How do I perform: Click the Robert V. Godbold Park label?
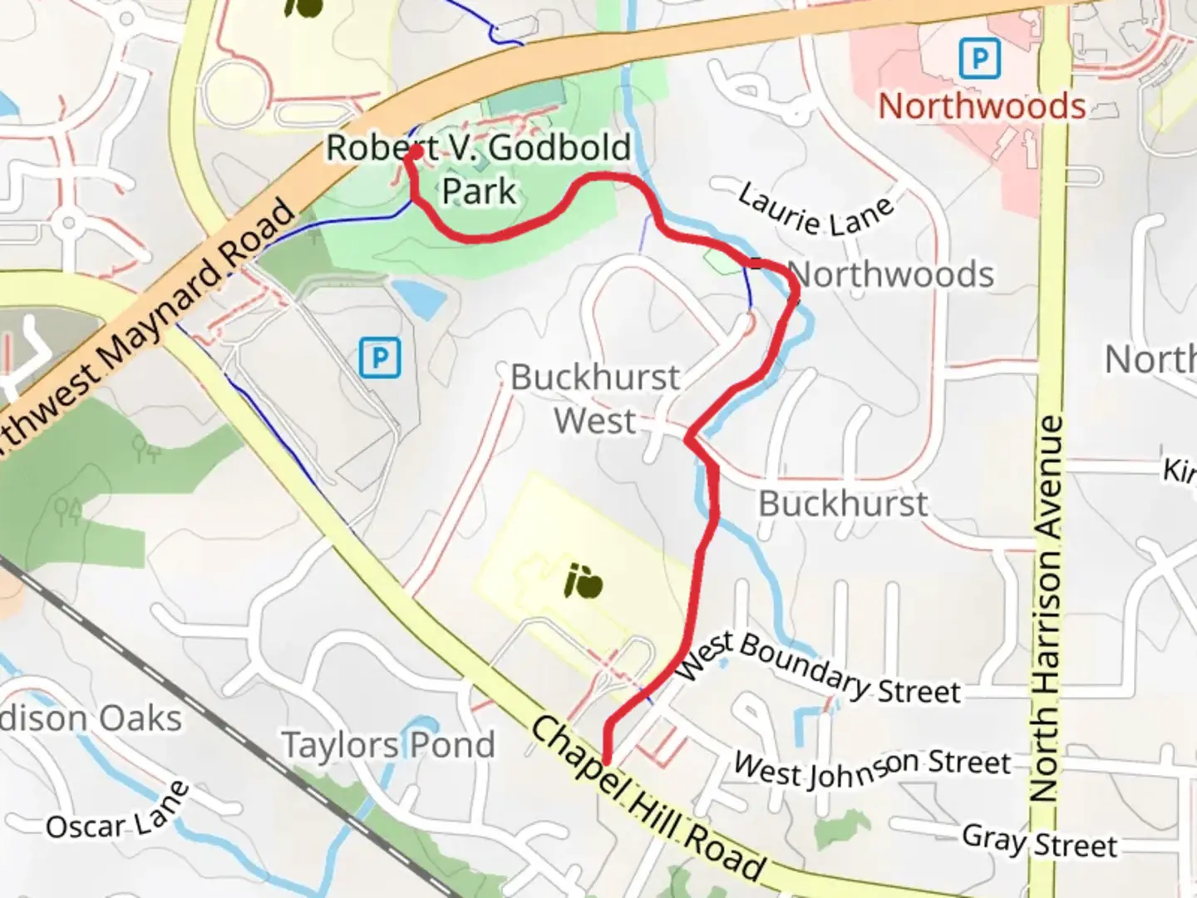point(479,169)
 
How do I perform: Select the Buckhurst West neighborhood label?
point(595,399)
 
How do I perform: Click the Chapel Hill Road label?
point(647,800)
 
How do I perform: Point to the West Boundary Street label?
point(818,668)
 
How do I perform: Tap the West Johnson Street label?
point(872,767)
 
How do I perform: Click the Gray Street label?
point(1039,841)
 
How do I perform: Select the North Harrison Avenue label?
point(1047,609)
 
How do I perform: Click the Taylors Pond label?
point(388,744)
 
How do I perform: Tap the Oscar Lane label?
point(117,814)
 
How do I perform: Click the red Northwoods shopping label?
point(982,106)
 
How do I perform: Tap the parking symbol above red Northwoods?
point(980,60)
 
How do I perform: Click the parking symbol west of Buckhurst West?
point(380,358)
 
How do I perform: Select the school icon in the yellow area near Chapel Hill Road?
point(583,581)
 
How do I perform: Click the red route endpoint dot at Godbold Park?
point(411,152)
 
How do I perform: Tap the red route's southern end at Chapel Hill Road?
point(608,758)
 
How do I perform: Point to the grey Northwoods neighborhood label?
point(891,275)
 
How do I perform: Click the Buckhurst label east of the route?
point(842,504)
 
